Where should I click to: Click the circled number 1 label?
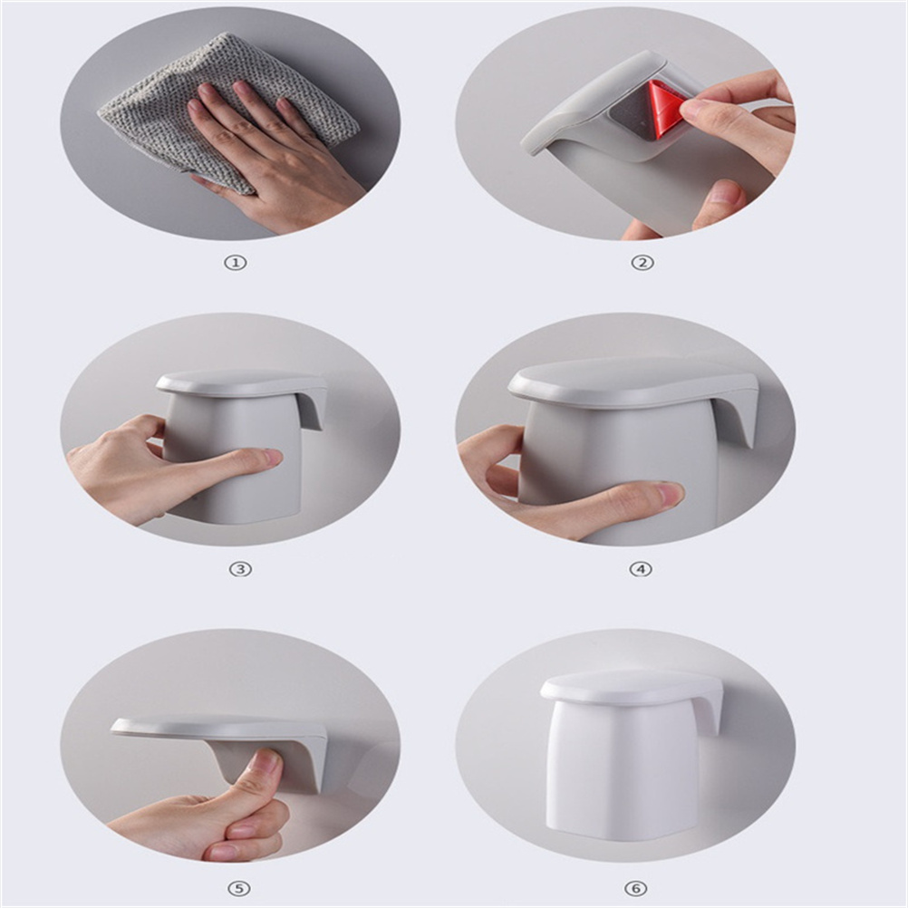[x=236, y=263]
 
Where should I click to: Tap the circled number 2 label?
[x=642, y=263]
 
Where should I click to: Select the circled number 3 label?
[x=240, y=569]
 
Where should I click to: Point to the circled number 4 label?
[x=641, y=569]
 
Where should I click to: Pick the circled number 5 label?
[x=238, y=888]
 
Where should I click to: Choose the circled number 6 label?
[x=635, y=888]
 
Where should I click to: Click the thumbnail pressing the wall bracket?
[x=266, y=762]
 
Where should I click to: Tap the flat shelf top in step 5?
[x=214, y=728]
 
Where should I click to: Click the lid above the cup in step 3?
[x=241, y=383]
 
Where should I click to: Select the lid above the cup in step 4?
[x=633, y=382]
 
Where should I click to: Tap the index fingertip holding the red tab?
[x=698, y=107]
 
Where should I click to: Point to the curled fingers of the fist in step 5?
[x=246, y=822]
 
